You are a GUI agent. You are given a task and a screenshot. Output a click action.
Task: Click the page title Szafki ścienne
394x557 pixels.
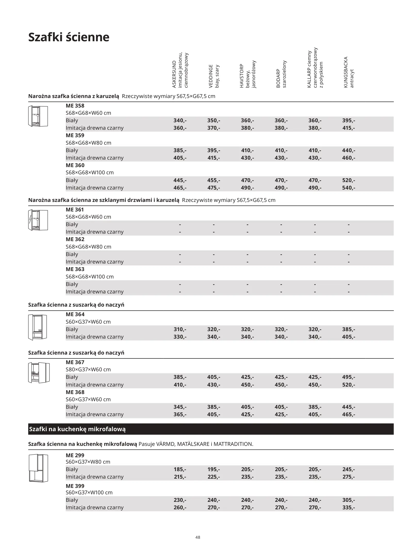click(x=69, y=37)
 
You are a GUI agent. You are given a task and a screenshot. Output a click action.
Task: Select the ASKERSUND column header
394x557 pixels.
click(x=180, y=70)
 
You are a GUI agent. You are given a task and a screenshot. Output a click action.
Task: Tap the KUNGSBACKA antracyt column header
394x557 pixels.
click(x=348, y=72)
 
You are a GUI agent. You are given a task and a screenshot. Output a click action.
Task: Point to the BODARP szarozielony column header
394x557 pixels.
click(x=281, y=75)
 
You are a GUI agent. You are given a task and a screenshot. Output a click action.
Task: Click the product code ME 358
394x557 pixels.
click(x=75, y=106)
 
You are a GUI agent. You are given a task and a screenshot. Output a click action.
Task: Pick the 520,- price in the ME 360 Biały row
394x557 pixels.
click(x=348, y=180)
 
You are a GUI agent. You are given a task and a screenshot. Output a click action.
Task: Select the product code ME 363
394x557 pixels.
click(x=75, y=269)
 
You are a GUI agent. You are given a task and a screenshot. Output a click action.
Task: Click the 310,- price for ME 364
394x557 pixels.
click(x=180, y=329)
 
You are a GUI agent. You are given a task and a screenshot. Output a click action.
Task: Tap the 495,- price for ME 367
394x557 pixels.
click(x=348, y=377)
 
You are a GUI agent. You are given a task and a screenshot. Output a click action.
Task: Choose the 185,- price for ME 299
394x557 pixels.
click(x=180, y=469)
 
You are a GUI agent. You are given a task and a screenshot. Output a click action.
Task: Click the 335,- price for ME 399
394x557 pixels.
click(x=348, y=507)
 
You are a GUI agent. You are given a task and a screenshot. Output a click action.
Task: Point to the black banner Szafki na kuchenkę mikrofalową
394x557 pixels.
click(x=77, y=429)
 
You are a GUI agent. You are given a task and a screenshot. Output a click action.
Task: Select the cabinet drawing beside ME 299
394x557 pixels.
click(x=38, y=468)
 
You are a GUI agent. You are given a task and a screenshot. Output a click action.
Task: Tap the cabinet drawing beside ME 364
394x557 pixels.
click(x=38, y=327)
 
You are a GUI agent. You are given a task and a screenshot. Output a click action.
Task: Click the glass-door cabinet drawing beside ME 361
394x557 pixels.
click(x=38, y=220)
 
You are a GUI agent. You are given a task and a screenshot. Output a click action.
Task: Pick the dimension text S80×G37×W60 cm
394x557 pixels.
click(x=88, y=370)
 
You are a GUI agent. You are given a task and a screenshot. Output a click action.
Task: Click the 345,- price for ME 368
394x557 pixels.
click(x=180, y=407)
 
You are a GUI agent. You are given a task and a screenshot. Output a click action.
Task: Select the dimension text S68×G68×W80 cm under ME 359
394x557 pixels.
click(x=88, y=143)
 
